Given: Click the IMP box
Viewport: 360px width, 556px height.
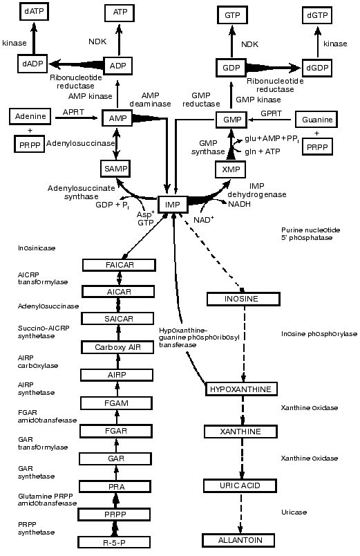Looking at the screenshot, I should tap(173, 205).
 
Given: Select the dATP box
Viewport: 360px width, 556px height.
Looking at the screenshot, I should tap(32, 12).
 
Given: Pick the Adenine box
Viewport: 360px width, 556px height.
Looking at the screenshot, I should tap(30, 117).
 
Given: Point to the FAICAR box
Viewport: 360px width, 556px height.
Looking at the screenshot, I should tap(116, 265).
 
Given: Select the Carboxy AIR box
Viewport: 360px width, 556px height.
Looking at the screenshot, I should tap(116, 347).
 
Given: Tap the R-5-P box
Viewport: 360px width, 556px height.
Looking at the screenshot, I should tap(116, 542).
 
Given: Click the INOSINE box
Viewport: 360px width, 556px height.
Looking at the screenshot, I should tap(243, 299).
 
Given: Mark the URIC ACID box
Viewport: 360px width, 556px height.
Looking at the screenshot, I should tap(243, 485).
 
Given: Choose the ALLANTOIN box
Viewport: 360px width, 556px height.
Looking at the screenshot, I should tap(243, 539).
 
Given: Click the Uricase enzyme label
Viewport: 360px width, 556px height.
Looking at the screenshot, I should tap(294, 512).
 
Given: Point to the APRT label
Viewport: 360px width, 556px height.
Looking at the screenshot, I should tap(74, 111).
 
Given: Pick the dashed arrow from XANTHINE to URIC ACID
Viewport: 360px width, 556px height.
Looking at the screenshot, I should tap(243, 458).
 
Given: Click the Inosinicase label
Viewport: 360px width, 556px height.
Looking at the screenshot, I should tap(38, 247).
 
